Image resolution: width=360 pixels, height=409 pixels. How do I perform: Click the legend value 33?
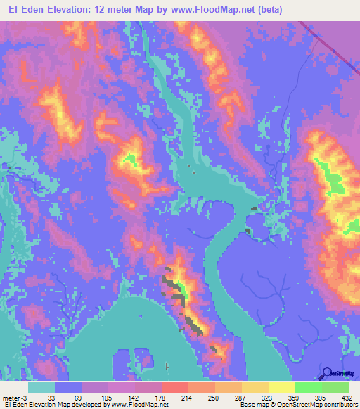(x=51, y=397)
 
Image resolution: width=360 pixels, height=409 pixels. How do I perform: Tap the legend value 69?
(x=78, y=397)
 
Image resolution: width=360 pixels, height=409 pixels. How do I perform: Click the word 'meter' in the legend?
(x=11, y=397)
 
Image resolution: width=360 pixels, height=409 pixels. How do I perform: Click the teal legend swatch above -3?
(x=41, y=387)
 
